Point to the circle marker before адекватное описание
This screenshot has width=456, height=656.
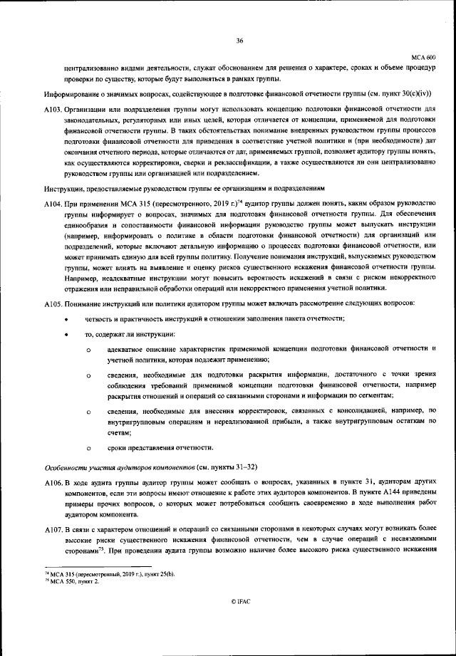(x=89, y=350)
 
